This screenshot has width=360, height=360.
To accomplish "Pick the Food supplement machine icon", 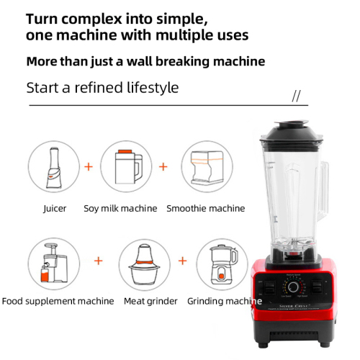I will pos(55,264).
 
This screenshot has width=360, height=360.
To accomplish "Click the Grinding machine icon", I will pos(222,264).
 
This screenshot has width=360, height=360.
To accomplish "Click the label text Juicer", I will pos(55,209).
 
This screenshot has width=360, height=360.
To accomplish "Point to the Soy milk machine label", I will pos(120,209).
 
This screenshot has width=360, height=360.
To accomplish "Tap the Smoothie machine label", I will pos(206,209).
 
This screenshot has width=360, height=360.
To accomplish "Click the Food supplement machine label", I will pos(58,301).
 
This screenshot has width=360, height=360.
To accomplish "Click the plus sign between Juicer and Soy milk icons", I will pos(89,166).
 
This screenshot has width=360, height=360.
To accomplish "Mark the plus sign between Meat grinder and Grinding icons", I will pos(183,261).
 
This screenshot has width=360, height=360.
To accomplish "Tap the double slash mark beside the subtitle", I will pos(295,96).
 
